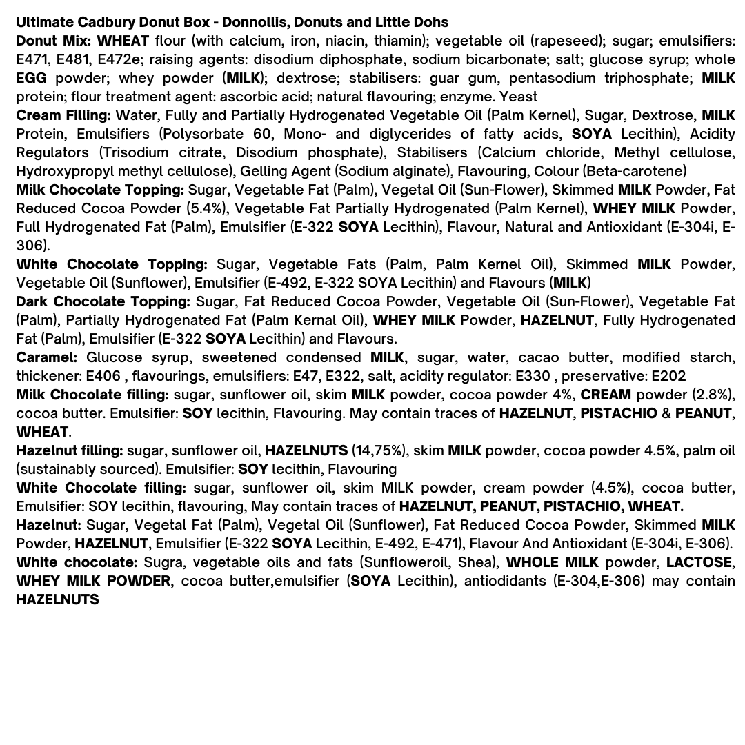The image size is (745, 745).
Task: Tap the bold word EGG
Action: pos(31,78)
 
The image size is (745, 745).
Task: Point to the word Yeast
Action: pos(518,97)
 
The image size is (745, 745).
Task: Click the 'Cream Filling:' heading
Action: pos(63,115)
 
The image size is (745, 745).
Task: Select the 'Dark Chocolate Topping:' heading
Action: pos(103,301)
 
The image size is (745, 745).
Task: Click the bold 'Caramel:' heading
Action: pos(46,357)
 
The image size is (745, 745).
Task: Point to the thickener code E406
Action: pos(103,376)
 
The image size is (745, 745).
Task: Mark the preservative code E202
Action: pos(668,376)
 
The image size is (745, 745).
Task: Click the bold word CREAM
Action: pos(605,395)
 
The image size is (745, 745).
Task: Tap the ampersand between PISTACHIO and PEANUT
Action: pos(666,413)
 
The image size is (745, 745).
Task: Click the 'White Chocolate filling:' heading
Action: pos(101,488)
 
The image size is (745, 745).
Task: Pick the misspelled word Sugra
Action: pos(161,562)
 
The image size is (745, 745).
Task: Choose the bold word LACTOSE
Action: pos(699,562)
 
